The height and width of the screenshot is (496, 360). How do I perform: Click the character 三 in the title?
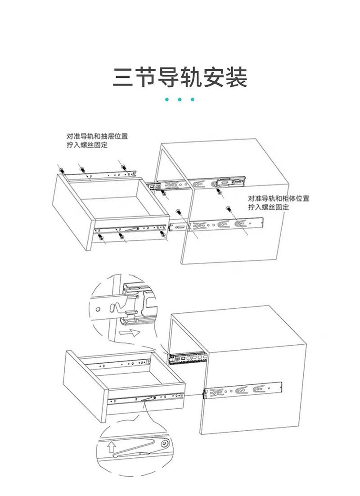click(122, 78)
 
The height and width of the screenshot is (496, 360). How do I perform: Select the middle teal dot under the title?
click(180, 99)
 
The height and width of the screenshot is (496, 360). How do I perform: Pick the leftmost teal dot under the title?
click(166, 99)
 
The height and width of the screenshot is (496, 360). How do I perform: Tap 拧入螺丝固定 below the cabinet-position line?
click(268, 207)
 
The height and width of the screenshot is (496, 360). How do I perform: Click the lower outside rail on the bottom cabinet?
click(243, 390)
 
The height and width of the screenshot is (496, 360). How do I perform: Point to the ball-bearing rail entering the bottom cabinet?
click(188, 359)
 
